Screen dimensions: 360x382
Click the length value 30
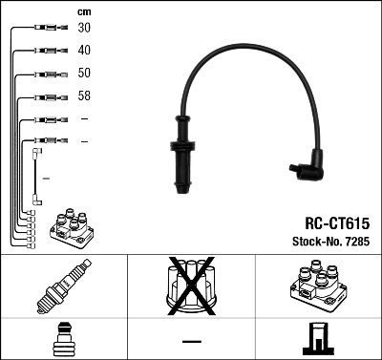click(85, 29)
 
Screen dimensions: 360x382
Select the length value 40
click(85, 51)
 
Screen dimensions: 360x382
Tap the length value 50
click(85, 74)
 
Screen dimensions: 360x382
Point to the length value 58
click(85, 96)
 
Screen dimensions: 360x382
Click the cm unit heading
click(84, 11)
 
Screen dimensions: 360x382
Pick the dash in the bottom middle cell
click(192, 339)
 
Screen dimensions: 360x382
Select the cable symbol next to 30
click(46, 29)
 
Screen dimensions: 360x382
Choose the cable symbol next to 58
click(46, 96)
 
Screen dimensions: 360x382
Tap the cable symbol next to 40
click(46, 51)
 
